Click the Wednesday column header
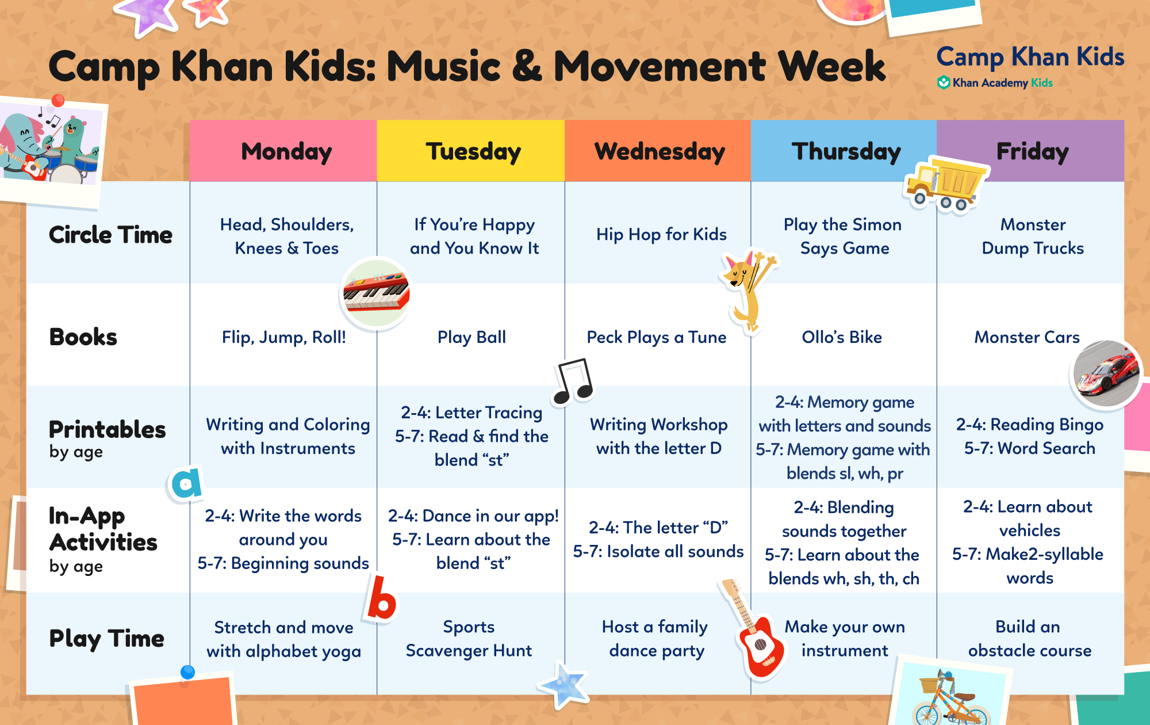[659, 151]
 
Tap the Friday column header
[1032, 151]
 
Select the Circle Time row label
[110, 235]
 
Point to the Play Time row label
[107, 639]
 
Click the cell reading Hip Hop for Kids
[661, 234]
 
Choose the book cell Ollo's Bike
[842, 337]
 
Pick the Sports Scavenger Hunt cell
[469, 639]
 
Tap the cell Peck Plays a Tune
[656, 337]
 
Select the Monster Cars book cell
[1027, 337]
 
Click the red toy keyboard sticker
[376, 293]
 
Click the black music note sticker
[573, 381]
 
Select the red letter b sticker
[380, 598]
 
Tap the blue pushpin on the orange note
[187, 672]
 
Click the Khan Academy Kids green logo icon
[943, 83]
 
